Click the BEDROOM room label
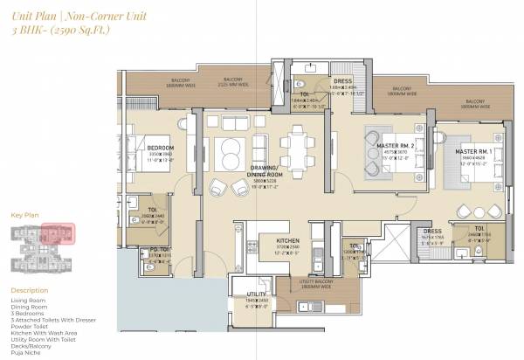pos(161,148)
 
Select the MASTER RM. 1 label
pos(475,152)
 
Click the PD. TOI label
pos(157,248)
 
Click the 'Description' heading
pos(31,290)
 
